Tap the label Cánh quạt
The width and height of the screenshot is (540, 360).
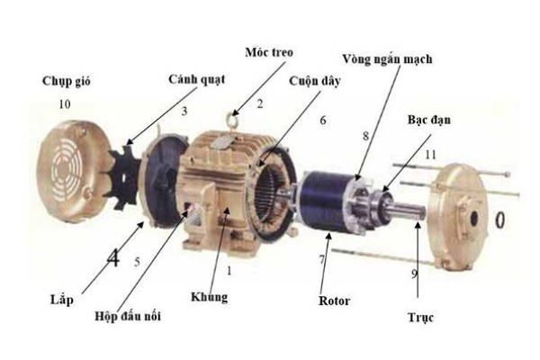pyautogui.click(x=193, y=79)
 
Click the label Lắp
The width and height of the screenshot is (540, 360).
pyautogui.click(x=61, y=297)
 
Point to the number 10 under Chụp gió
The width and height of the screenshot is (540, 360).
pyautogui.click(x=64, y=104)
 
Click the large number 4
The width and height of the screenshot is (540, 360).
pyautogui.click(x=112, y=260)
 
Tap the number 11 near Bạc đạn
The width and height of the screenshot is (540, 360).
pyautogui.click(x=431, y=155)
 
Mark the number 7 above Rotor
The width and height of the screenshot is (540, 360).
pyautogui.click(x=320, y=259)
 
